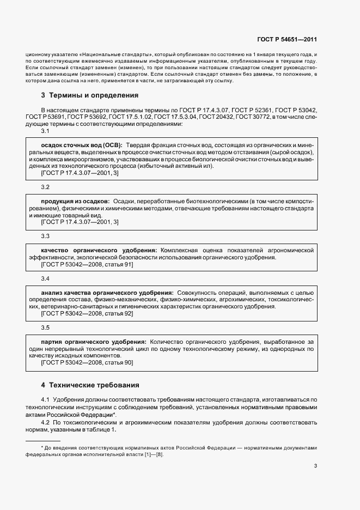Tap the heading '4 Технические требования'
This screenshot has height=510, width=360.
[90, 385]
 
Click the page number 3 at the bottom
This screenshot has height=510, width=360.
[315, 466]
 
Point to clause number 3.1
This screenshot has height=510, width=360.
[45, 131]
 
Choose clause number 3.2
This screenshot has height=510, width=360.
[45, 187]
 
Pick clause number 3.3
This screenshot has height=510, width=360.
[45, 236]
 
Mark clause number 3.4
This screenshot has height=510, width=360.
[45, 279]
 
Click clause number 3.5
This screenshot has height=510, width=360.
[45, 328]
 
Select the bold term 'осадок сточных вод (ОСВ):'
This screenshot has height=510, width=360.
[82, 145]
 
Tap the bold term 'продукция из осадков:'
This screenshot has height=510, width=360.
[76, 202]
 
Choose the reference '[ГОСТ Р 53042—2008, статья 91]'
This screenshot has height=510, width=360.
[87, 264]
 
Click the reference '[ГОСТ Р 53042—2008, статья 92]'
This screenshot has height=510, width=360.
[87, 314]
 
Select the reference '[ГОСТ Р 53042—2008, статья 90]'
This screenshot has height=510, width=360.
[87, 362]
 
